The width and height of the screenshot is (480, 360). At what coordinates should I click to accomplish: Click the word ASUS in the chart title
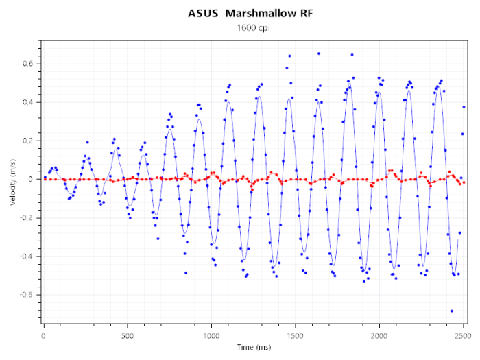[x=204, y=13]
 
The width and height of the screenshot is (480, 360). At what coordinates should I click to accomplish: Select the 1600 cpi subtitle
[x=250, y=28]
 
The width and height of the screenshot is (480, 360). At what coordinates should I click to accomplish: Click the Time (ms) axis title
[x=254, y=348]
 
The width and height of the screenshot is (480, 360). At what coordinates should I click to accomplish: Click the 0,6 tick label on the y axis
[x=29, y=64]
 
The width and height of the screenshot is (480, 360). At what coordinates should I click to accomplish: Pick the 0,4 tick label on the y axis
[x=29, y=102]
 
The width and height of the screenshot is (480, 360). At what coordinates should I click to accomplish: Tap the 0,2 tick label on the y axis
[x=29, y=141]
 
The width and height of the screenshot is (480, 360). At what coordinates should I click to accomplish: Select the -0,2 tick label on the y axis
[x=27, y=218]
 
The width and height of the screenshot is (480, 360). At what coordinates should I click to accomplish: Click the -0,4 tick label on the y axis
[x=27, y=256]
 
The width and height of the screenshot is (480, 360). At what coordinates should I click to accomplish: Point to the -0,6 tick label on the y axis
[x=27, y=295]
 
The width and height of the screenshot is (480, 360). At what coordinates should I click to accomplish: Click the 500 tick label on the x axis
[x=128, y=336]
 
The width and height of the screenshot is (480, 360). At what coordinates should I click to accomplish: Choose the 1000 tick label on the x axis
[x=211, y=336]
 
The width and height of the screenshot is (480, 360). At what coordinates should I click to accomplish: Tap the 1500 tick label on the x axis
[x=296, y=336]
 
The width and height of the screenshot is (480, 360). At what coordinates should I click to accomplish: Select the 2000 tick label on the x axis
[x=379, y=336]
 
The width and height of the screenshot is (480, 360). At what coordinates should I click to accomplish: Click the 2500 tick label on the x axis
[x=463, y=336]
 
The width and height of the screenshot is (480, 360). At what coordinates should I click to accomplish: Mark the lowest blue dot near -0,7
[x=451, y=311]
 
